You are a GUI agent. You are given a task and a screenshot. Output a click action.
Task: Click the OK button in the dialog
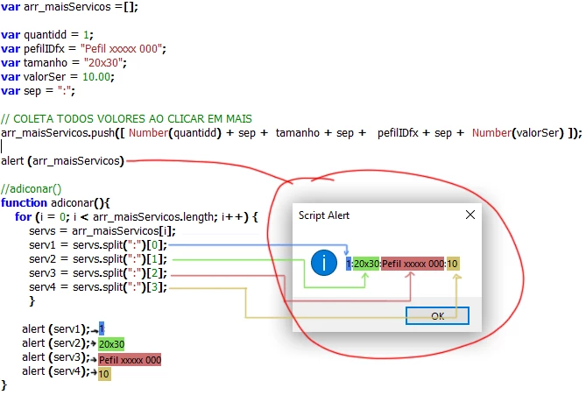point(437,315)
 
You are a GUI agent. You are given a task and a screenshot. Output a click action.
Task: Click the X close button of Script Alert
point(469,214)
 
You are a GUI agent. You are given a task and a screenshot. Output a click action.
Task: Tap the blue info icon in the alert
point(325,263)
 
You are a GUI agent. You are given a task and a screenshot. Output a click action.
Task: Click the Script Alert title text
point(325,215)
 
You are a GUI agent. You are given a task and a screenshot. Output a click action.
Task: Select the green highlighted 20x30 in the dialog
point(366,264)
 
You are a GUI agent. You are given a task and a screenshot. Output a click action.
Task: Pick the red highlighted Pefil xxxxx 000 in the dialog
point(413,264)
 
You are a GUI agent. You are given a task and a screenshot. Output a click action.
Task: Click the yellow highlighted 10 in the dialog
point(452,264)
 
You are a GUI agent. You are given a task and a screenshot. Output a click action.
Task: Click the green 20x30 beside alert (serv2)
point(111,344)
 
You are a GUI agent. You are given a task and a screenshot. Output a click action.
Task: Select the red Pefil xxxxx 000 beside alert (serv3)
point(130,360)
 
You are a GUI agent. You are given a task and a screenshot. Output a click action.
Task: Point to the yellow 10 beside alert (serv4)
point(104,374)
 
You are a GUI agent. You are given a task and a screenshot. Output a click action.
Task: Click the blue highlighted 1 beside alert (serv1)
point(102,328)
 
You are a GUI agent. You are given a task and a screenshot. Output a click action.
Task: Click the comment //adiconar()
point(32,188)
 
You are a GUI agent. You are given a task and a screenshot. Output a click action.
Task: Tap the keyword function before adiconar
point(24,202)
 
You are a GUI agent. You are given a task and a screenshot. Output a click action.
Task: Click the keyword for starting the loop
point(22,216)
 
